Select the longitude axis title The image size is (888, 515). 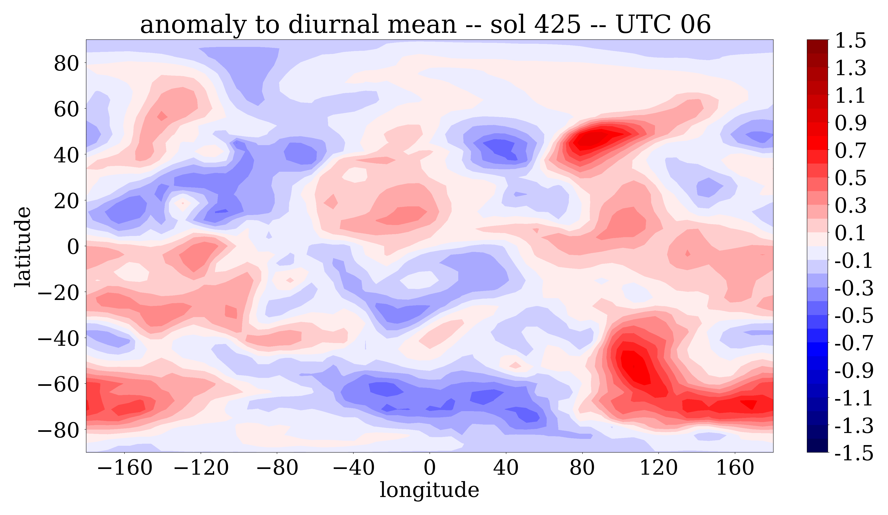[429, 490]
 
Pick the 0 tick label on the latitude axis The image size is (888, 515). [73, 247]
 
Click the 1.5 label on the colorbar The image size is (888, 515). [850, 41]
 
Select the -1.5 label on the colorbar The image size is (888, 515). [854, 453]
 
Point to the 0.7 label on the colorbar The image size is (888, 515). [850, 151]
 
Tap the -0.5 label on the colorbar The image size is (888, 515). [854, 315]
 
